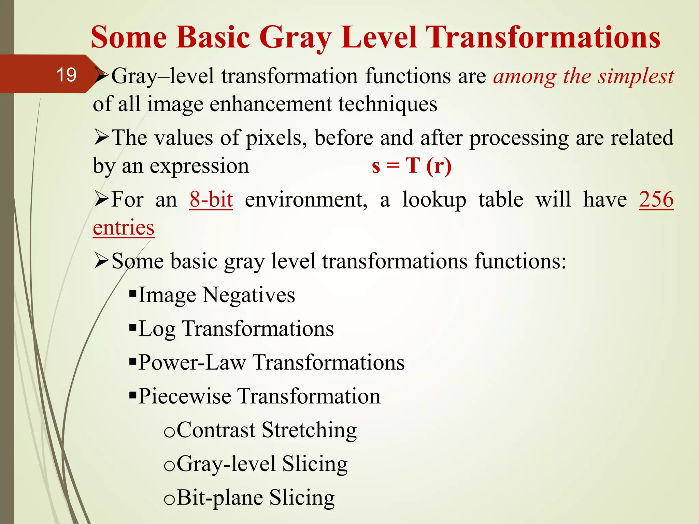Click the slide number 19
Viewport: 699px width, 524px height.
coord(66,75)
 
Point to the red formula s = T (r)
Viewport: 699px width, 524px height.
coord(412,166)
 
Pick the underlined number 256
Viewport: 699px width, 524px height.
coord(656,199)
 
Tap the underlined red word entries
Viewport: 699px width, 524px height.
coord(124,228)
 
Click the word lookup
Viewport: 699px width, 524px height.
coord(434,200)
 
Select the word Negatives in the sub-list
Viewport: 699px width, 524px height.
coord(248,295)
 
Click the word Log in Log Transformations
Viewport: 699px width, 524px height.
coord(157,329)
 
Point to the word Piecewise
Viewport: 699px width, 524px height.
coord(185,396)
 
